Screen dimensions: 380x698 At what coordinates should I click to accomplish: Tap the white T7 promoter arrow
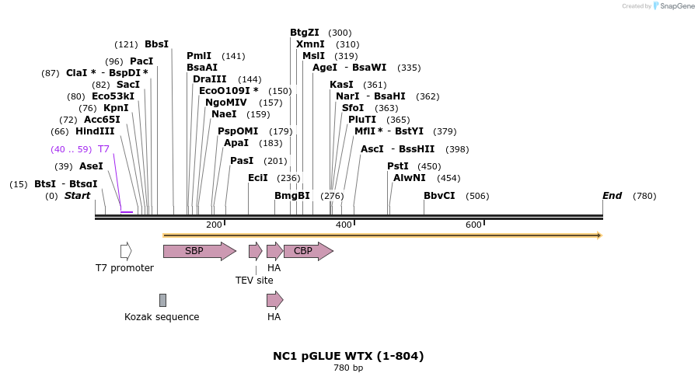click(126, 251)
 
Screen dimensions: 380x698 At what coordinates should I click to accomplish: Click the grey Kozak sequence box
click(162, 300)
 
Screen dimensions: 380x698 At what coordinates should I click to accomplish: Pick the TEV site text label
click(255, 280)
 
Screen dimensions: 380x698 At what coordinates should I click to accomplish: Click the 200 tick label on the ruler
click(214, 225)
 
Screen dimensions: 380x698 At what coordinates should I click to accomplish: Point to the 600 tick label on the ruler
click(473, 225)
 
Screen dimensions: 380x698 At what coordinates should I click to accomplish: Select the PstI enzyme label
click(398, 166)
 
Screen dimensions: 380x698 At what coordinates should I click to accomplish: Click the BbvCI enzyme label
click(439, 196)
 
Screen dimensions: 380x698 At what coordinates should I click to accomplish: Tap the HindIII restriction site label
click(95, 131)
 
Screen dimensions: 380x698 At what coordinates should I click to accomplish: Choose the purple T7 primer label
click(103, 148)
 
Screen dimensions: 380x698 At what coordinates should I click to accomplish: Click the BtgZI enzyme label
click(305, 33)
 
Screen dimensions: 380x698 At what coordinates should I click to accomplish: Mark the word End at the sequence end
click(612, 196)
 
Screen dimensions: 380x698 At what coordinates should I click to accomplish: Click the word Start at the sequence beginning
click(77, 196)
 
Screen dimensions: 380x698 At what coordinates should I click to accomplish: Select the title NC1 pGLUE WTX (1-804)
click(348, 356)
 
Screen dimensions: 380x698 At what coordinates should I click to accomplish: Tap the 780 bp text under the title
click(348, 368)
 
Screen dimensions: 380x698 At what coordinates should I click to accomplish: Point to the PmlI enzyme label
click(199, 56)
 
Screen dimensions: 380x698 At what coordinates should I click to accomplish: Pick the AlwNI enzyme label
click(410, 178)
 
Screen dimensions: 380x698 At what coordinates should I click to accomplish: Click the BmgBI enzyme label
click(292, 196)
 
